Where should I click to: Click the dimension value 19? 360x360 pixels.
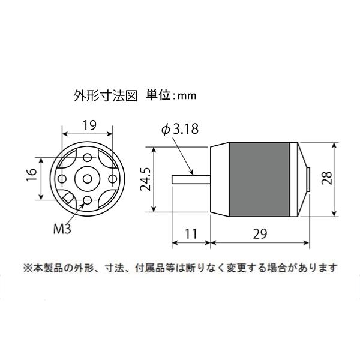tap(89, 125)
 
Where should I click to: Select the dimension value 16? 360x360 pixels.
tap(31, 175)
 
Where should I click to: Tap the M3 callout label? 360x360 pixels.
tap(62, 229)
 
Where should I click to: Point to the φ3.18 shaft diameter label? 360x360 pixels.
tap(180, 128)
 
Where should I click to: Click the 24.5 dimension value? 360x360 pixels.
tap(145, 179)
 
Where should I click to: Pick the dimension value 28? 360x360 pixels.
tap(326, 178)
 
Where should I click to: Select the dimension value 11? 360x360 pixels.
tap(191, 234)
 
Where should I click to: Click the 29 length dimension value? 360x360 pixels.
tap(260, 234)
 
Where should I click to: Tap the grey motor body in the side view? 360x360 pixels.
tap(259, 179)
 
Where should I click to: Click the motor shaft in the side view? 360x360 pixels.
tap(191, 179)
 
